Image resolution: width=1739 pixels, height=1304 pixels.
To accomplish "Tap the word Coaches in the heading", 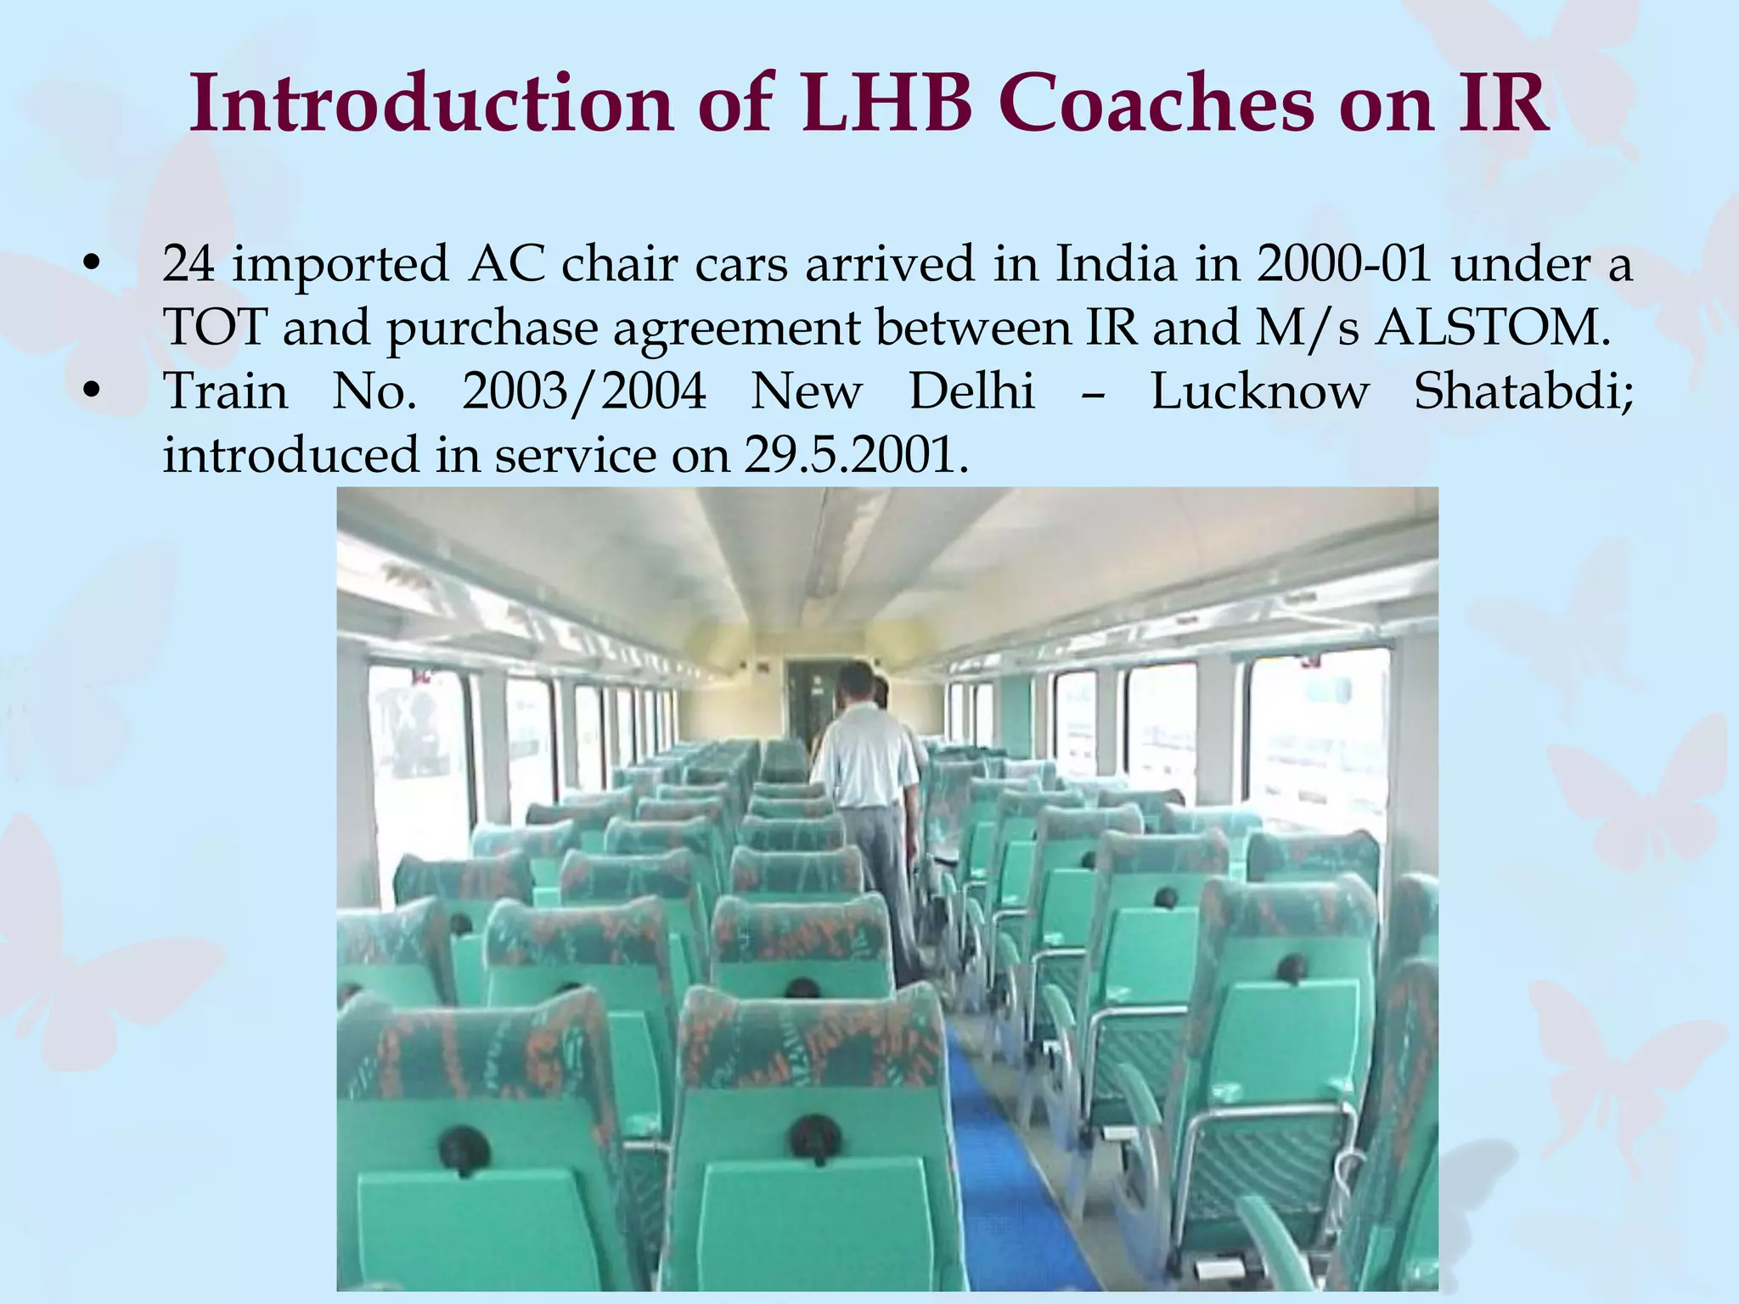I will point(1159,104).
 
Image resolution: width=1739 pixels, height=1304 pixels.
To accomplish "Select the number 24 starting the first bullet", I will point(189,263).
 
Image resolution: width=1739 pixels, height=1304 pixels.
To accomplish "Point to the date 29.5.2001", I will point(857,455).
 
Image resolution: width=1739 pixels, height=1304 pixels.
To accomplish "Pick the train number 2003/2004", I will point(584,392).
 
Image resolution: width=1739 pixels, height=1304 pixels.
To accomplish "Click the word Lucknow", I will point(1260,392).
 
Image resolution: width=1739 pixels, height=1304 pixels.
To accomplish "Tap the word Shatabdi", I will point(1523,392).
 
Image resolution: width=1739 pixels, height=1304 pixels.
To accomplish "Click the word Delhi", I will point(972,392).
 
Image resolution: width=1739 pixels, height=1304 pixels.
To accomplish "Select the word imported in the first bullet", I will point(340,265).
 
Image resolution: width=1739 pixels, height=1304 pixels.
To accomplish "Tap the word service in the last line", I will point(576,455).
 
